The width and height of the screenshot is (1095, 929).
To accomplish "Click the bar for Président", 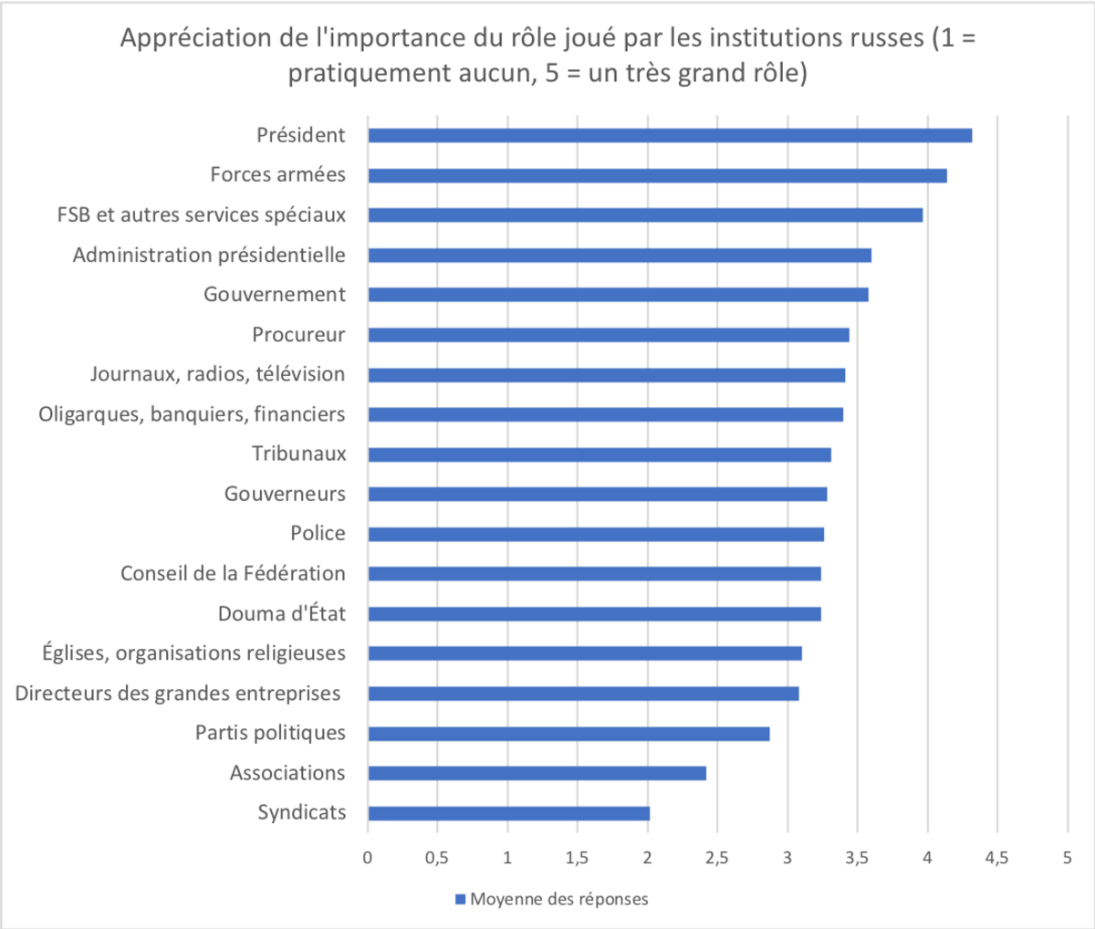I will [670, 135].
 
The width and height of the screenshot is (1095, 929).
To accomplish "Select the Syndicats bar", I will [508, 813].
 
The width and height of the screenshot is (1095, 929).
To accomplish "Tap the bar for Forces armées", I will [657, 175].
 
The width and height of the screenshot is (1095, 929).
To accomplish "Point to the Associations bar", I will [537, 773].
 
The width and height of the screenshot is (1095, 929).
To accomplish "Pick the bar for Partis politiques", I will [568, 734].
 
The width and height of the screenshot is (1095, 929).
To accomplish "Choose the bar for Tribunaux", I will [600, 454].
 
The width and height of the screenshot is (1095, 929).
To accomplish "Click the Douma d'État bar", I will [594, 614].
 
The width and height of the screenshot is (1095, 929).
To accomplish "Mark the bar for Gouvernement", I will [618, 295].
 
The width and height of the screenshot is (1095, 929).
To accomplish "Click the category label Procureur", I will [298, 334].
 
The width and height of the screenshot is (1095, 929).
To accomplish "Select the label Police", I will [318, 533].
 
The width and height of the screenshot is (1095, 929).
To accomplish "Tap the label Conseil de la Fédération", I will [233, 573].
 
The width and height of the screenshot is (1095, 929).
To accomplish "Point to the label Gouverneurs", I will [285, 494].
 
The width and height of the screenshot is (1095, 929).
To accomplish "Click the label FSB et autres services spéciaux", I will [202, 214].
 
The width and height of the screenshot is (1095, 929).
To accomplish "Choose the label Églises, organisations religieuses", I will [193, 652].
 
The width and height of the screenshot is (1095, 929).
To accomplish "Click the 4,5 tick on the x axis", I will [996, 858].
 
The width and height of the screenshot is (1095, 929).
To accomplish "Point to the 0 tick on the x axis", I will [368, 858].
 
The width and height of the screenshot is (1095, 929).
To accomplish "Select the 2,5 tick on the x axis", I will [716, 858].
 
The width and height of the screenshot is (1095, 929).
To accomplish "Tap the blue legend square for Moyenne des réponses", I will [460, 900].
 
